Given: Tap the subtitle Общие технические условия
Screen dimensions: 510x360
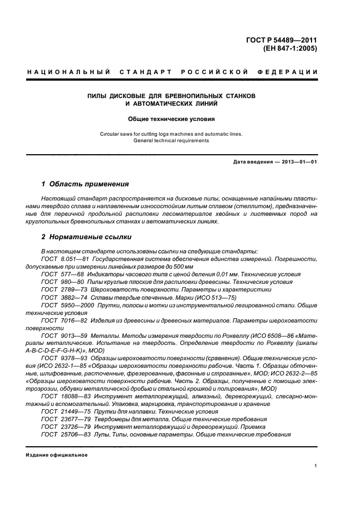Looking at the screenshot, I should click(172, 119).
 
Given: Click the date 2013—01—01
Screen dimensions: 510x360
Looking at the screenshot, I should click(298, 162).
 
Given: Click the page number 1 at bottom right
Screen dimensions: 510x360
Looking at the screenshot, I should click(316, 466).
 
